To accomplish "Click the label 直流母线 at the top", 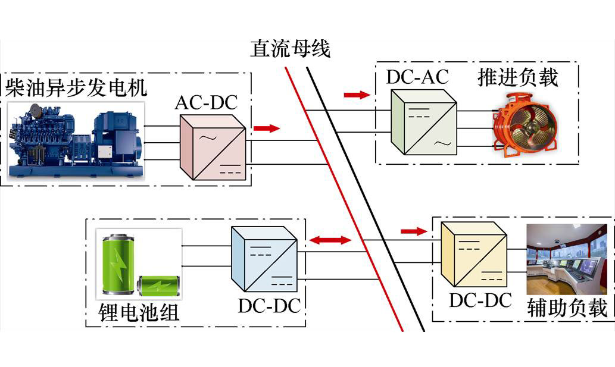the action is point(291,49).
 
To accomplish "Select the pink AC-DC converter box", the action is point(213,148).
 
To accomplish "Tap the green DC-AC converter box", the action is point(424,122).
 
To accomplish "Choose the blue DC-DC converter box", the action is point(264,259).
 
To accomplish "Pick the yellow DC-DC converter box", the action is point(474,254).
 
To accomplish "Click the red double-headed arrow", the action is point(330,240).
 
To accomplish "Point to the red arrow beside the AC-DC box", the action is point(267,128).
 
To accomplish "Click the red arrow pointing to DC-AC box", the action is point(357,95).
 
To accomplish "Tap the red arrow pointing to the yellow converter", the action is point(414,231).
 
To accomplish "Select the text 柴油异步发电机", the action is point(76,87).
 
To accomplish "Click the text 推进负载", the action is point(518,77).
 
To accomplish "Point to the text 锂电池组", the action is point(139,312).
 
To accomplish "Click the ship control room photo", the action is point(567,259).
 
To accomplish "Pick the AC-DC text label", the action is point(207,103).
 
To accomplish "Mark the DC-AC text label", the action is point(417,77).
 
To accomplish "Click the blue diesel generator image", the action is point(76,140).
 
